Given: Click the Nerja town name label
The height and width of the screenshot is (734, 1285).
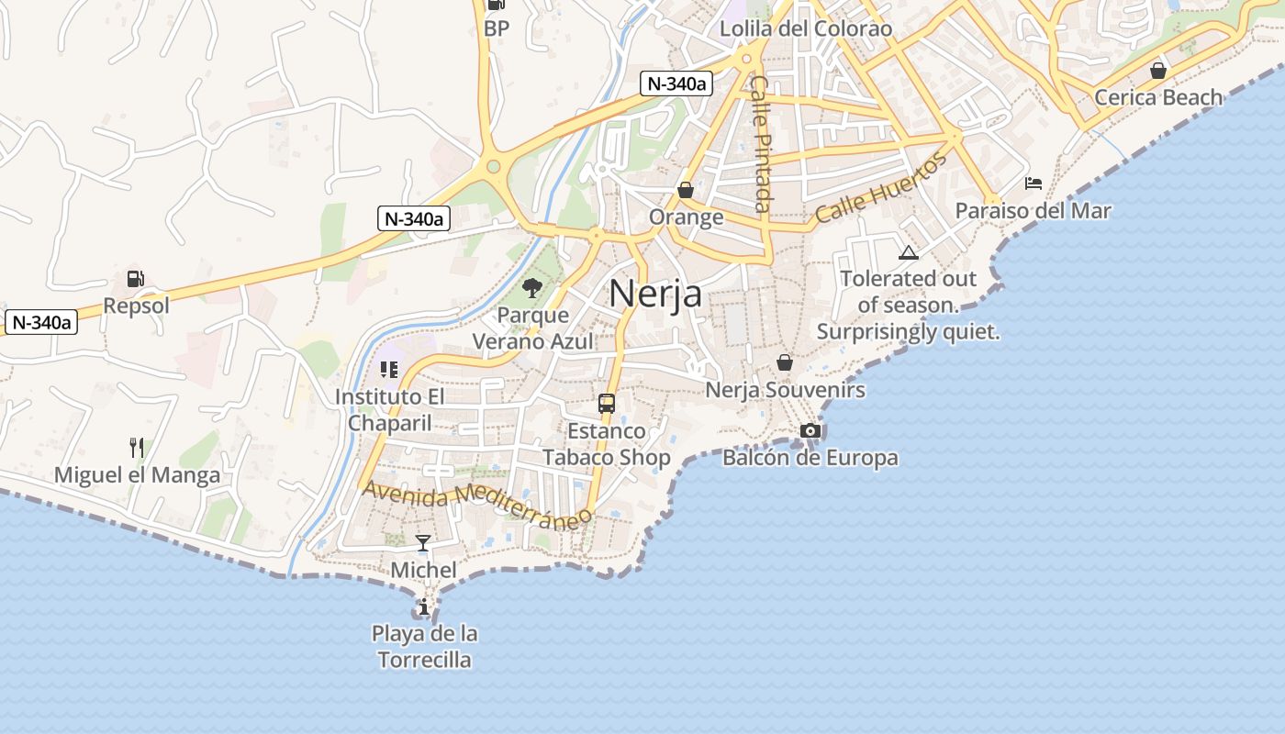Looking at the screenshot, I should tap(655, 294).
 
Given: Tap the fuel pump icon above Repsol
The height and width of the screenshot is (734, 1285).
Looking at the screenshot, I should tap(135, 279).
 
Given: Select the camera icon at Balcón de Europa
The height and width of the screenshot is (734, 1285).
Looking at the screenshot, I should tap(810, 430).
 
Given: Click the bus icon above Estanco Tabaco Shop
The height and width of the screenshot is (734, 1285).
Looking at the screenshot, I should tap(606, 403).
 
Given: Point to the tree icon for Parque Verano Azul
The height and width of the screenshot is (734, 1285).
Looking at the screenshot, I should tap(531, 289).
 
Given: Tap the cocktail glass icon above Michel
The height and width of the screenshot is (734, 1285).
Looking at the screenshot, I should tap(422, 543).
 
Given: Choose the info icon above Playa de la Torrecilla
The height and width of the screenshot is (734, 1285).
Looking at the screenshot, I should tap(423, 606).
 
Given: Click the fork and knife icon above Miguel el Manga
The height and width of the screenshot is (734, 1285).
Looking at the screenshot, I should tap(137, 448).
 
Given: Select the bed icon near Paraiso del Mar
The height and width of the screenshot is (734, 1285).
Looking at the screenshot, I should tap(1033, 183).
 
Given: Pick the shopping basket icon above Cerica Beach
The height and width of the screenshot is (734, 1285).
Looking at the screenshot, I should tap(1158, 71).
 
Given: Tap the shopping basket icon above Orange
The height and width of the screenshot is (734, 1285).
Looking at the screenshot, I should tap(686, 190).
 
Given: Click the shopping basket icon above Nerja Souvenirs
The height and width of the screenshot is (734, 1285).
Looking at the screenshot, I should tap(785, 362).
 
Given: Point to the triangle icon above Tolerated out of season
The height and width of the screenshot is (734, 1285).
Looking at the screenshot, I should tap(908, 252).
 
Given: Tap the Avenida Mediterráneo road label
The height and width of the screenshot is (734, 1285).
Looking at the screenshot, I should tap(477, 506).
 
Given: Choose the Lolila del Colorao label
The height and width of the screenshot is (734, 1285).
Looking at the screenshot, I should tap(805, 28).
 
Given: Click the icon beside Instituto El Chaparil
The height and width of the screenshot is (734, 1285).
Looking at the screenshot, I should tap(388, 370).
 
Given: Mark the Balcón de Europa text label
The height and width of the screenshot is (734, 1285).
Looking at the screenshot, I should tap(810, 457).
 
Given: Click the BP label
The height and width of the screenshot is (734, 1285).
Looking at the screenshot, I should tap(497, 28).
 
